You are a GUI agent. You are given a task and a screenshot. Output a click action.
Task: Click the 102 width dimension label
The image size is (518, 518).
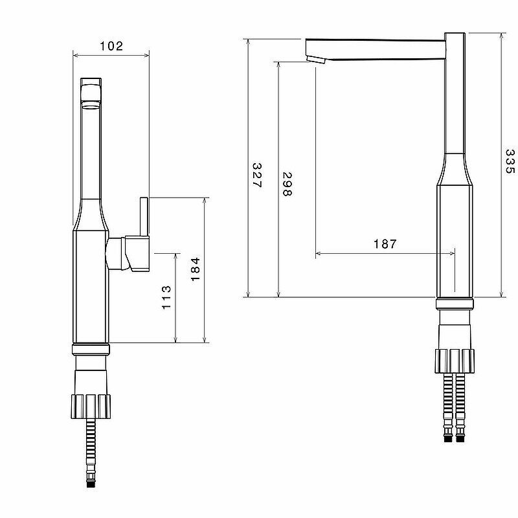tap(111, 46)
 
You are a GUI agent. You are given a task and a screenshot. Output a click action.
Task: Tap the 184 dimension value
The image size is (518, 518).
tap(196, 269)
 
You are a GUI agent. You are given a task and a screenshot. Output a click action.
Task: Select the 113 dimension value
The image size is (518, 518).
tap(166, 297)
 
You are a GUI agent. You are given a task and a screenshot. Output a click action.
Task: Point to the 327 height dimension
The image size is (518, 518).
tap(256, 175)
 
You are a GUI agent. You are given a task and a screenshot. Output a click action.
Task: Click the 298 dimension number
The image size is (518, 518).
tap(287, 185)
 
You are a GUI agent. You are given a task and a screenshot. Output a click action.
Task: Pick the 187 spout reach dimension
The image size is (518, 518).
tap(385, 244)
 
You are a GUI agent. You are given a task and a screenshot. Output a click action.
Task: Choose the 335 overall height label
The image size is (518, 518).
tap(510, 164)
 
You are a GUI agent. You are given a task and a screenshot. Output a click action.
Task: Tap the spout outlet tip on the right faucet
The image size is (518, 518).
tap(315, 60)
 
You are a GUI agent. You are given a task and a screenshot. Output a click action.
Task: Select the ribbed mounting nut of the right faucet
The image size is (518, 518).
tap(455, 361)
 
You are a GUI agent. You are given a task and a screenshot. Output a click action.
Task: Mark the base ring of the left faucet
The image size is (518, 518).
tap(91, 348)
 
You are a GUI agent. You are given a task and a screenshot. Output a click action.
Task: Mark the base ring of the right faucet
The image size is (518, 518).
tap(455, 304)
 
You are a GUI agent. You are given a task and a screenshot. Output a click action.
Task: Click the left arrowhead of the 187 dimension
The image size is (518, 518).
tap(318, 254)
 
